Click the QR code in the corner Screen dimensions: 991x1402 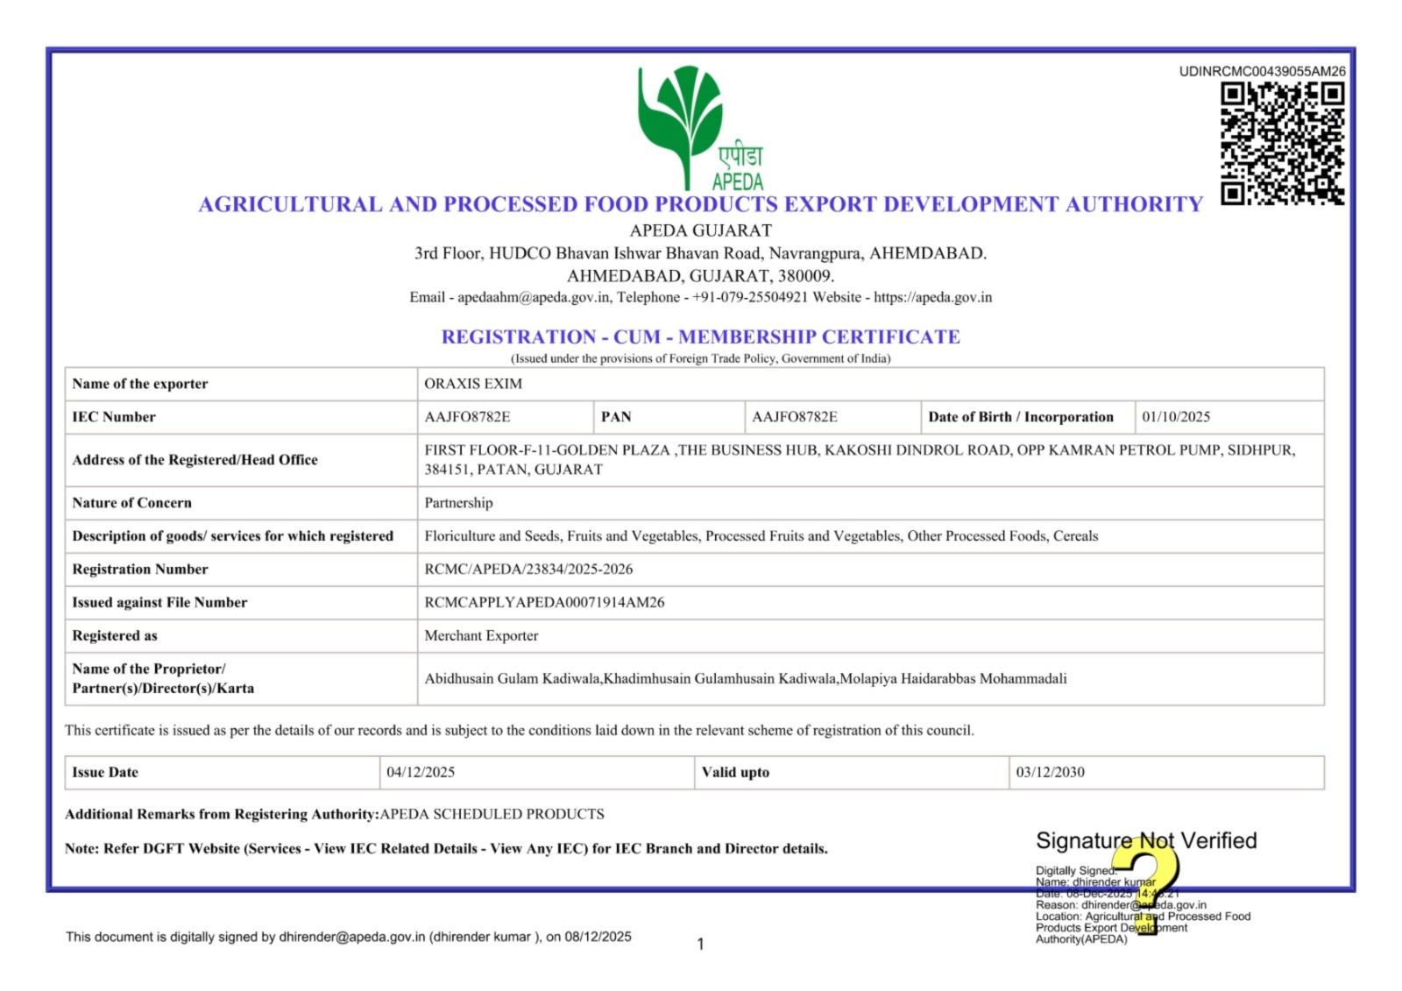tap(1282, 143)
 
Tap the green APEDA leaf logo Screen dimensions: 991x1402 tap(682, 123)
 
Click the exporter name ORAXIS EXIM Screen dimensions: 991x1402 tap(473, 384)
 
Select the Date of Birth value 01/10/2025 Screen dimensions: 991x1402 tap(1175, 417)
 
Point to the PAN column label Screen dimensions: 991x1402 tap(616, 417)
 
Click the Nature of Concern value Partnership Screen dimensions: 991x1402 tap(458, 503)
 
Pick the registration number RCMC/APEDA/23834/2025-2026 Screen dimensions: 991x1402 tap(528, 570)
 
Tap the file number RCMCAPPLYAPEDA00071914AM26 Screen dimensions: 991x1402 tap(544, 603)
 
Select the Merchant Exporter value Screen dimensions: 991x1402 tap(481, 636)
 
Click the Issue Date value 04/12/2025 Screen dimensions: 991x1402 tap(421, 773)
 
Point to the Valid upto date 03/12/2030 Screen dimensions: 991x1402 tap(1050, 773)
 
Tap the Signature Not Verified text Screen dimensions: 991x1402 tap(1145, 841)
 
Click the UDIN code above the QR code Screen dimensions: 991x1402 tap(1262, 72)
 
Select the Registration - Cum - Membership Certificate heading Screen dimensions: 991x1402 tap(700, 337)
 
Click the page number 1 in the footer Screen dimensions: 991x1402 tap(700, 945)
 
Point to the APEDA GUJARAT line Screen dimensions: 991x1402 tap(700, 231)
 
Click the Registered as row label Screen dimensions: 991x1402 tap(115, 636)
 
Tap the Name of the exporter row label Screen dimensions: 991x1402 tap(140, 384)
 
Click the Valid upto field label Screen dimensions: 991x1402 tap(735, 773)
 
